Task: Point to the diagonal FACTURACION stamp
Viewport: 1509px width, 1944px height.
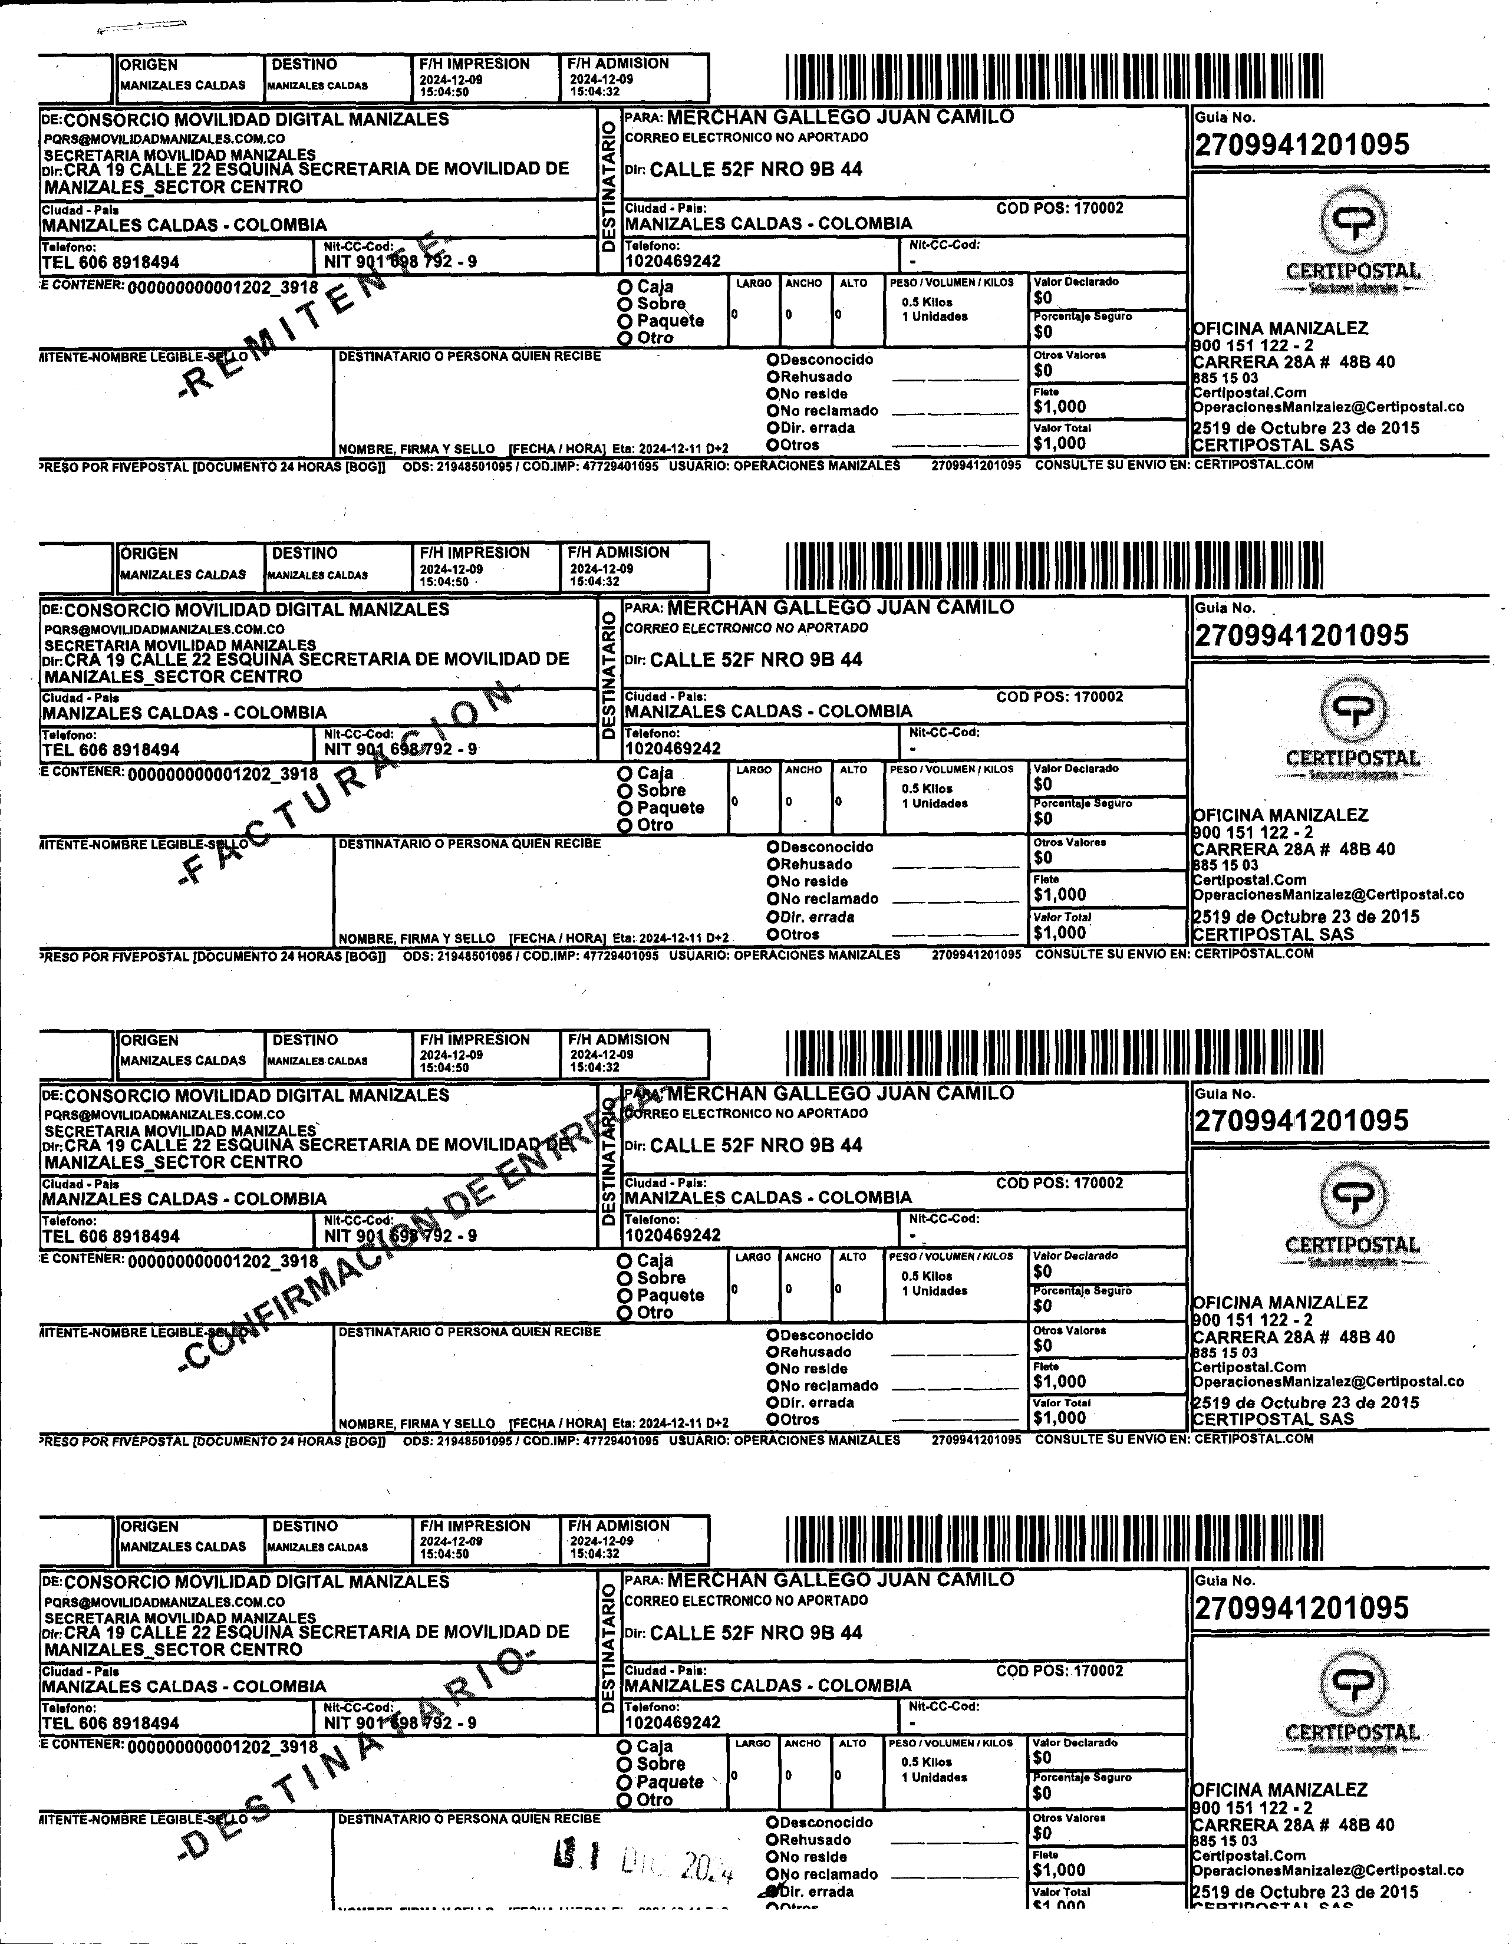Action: (347, 783)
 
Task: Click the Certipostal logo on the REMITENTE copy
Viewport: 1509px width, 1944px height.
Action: (1352, 223)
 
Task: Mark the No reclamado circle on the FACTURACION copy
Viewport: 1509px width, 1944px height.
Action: (773, 899)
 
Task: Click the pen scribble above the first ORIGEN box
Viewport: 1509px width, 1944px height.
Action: (143, 27)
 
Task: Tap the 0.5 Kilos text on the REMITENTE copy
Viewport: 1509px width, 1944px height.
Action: (927, 302)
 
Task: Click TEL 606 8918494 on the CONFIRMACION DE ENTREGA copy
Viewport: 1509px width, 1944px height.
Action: (110, 1236)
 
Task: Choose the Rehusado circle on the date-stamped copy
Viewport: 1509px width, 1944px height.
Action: (773, 1840)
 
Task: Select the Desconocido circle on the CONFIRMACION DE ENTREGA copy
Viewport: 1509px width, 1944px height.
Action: (773, 1335)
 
